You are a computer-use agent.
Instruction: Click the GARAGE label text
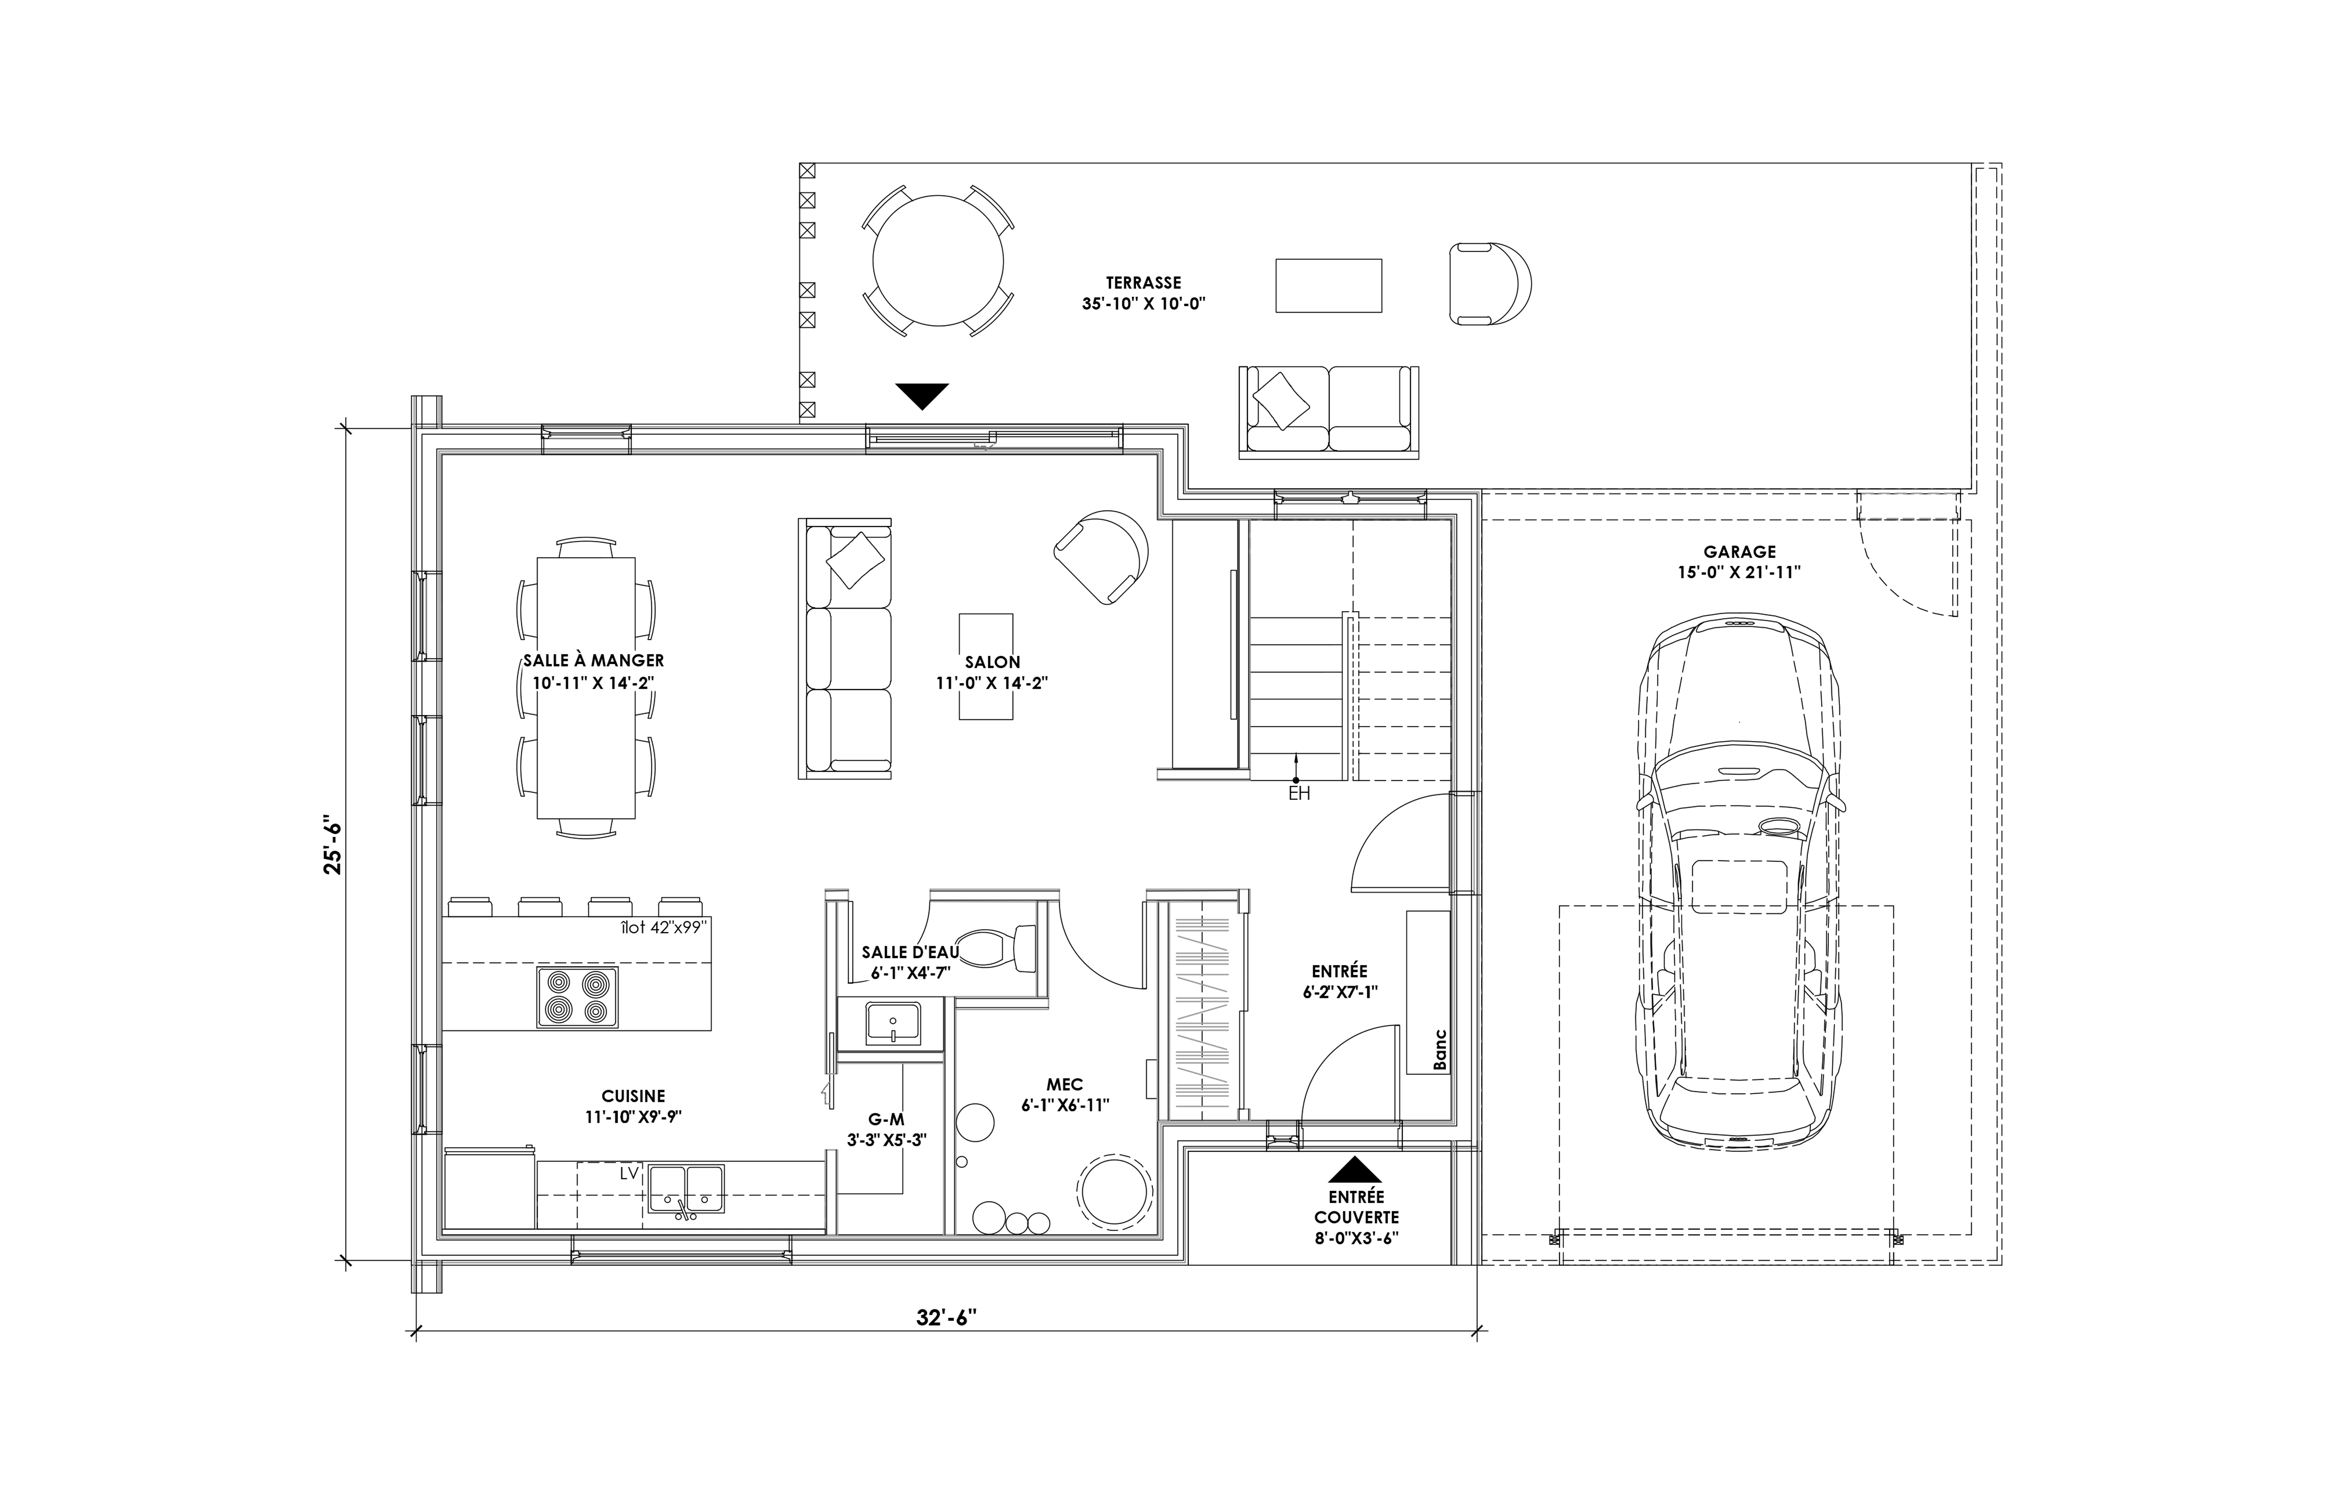[x=1739, y=552]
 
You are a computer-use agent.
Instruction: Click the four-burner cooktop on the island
[x=577, y=997]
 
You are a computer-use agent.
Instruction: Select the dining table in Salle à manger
[x=587, y=688]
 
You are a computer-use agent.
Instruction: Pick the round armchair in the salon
[x=1101, y=555]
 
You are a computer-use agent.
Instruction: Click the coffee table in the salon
[x=985, y=666]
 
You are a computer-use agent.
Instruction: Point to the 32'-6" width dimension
[x=946, y=1318]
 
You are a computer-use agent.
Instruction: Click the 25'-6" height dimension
[x=334, y=844]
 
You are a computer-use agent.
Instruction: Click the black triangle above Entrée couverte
[x=1355, y=1170]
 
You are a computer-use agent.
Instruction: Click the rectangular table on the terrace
[x=1328, y=285]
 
